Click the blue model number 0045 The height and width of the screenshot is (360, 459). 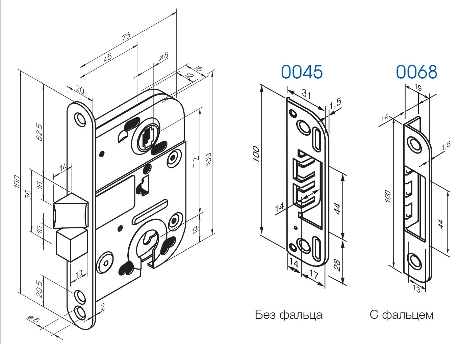click(302, 72)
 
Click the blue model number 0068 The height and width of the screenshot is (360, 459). click(416, 72)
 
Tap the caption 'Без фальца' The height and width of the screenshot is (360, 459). click(288, 315)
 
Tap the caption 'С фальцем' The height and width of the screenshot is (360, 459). click(401, 315)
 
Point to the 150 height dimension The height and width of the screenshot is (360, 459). click(17, 182)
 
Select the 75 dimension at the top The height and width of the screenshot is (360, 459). click(126, 37)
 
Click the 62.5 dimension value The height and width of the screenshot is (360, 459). click(40, 132)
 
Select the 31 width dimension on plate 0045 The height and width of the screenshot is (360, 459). click(306, 94)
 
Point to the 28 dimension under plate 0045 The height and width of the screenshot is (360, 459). click(336, 265)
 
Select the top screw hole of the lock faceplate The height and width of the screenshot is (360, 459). click(80, 119)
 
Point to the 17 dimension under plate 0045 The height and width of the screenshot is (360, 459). click(313, 275)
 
